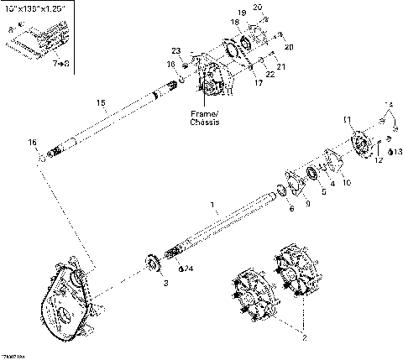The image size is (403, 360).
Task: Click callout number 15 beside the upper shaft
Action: [x=101, y=103]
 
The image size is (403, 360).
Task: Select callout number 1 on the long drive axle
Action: [x=212, y=204]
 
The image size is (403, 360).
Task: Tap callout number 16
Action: [x=32, y=143]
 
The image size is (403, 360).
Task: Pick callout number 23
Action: [x=175, y=52]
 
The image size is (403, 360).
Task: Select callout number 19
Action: [x=241, y=13]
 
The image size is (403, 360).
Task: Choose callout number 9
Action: [x=306, y=202]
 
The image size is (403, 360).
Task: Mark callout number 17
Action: [x=259, y=83]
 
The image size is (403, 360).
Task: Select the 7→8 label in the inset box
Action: [x=60, y=63]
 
